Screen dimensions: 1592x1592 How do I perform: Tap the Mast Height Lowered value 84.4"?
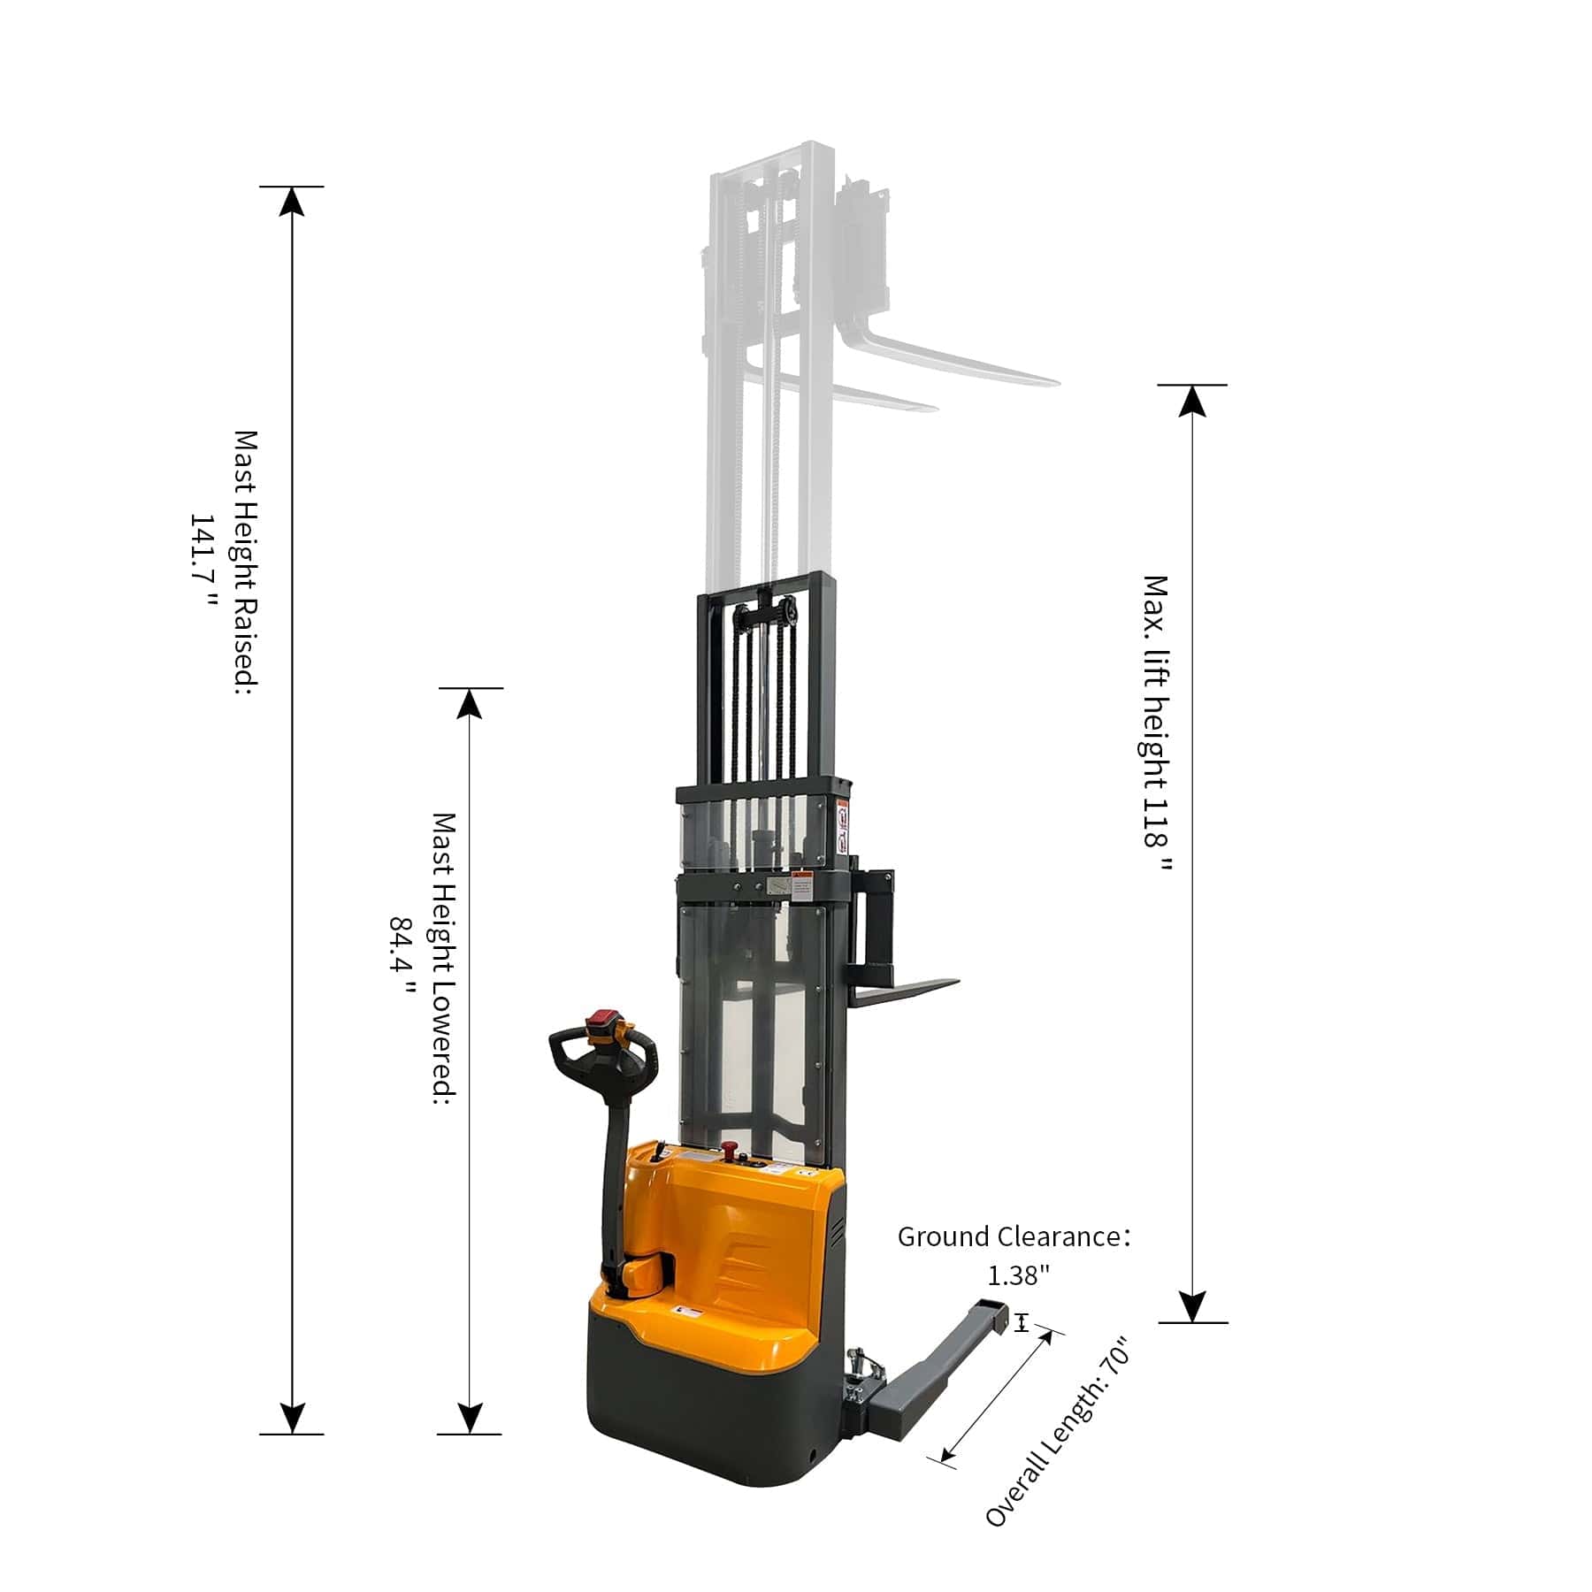pyautogui.click(x=402, y=955)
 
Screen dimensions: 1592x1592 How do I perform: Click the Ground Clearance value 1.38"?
pyautogui.click(x=1018, y=1275)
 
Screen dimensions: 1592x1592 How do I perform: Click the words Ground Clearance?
pyautogui.click(x=1009, y=1236)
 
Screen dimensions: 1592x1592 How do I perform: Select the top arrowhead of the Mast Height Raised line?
pyautogui.click(x=292, y=202)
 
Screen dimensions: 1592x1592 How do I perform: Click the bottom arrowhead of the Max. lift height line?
pyautogui.click(x=1193, y=1307)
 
